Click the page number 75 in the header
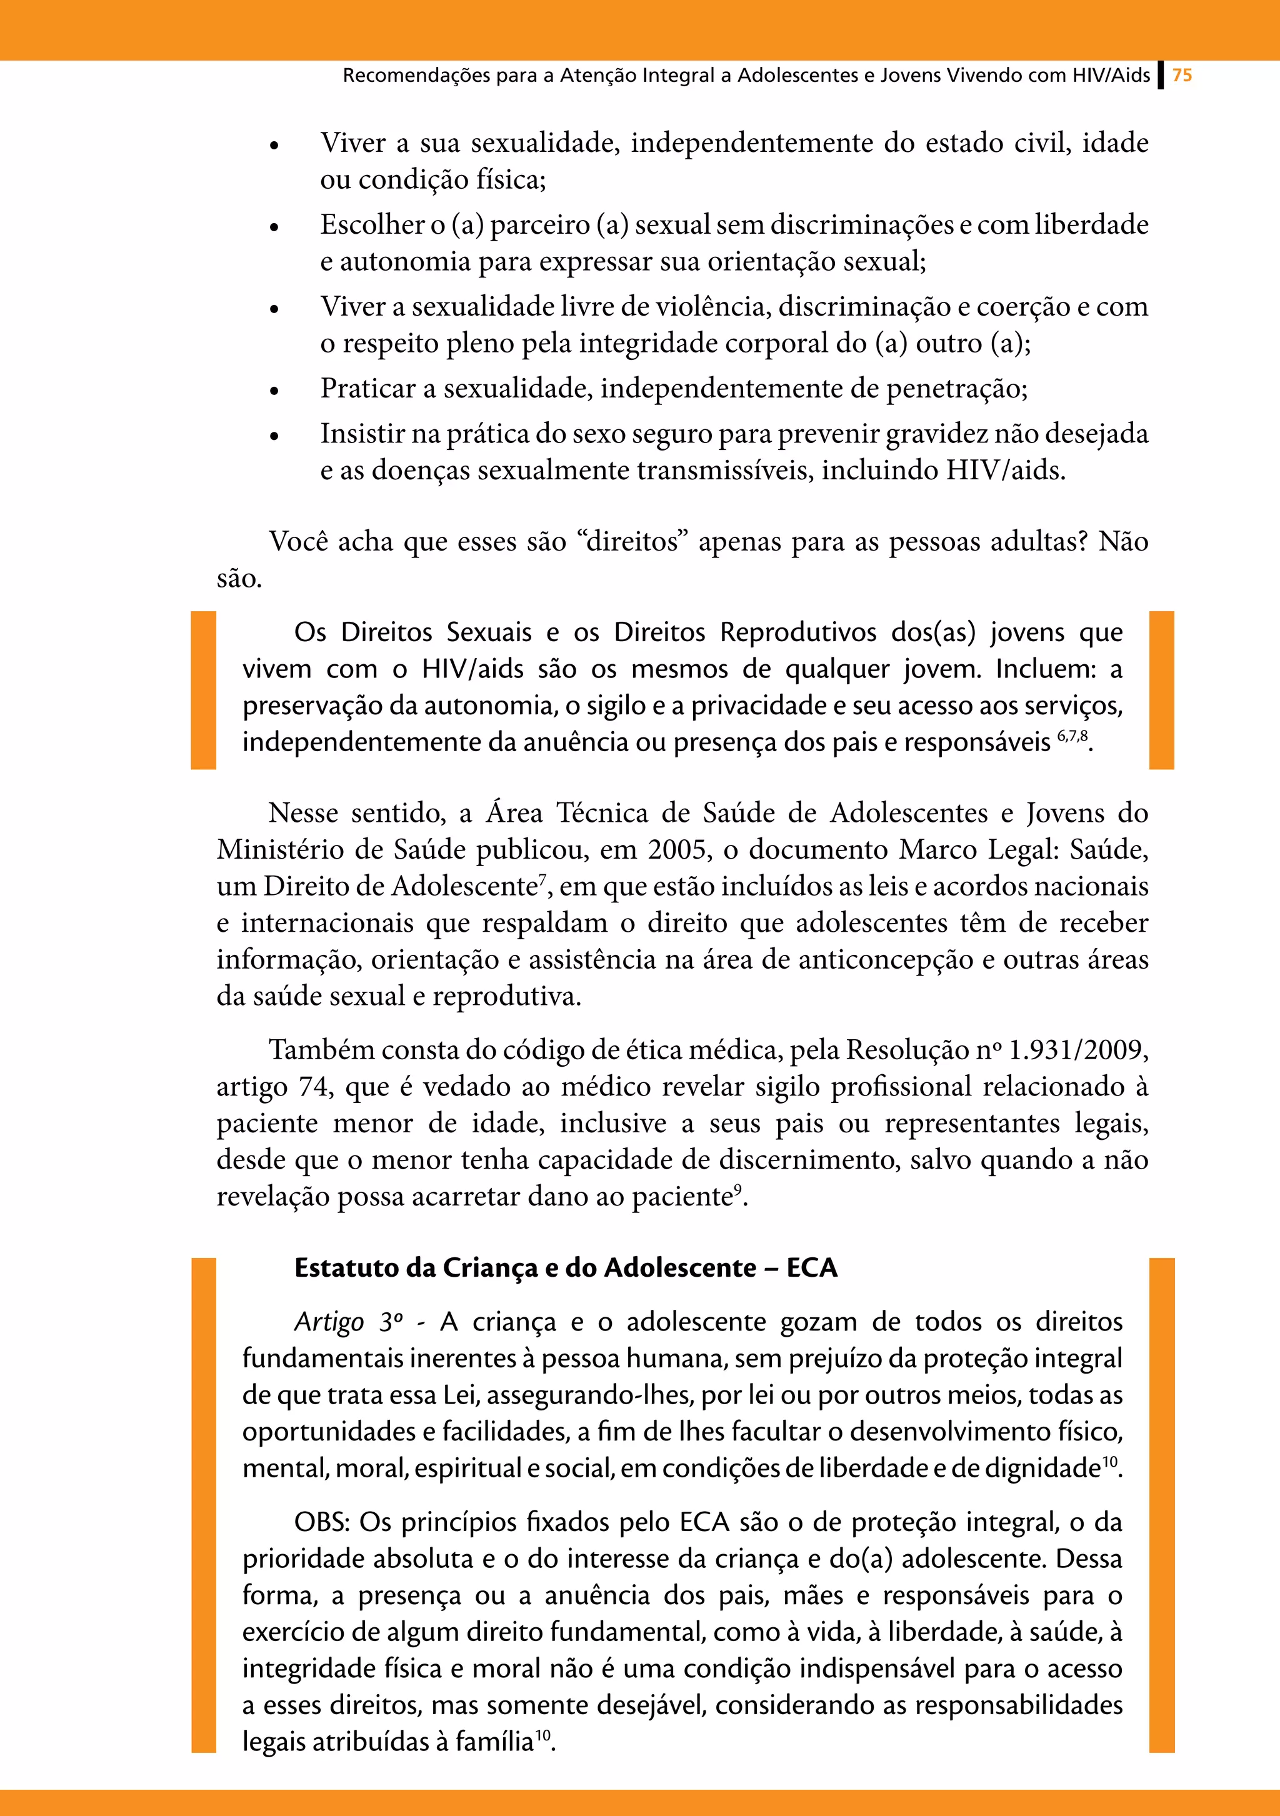1182,75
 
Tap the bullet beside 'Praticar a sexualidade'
274,391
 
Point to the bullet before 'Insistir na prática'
274,436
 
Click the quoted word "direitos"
634,542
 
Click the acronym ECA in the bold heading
812,1269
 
